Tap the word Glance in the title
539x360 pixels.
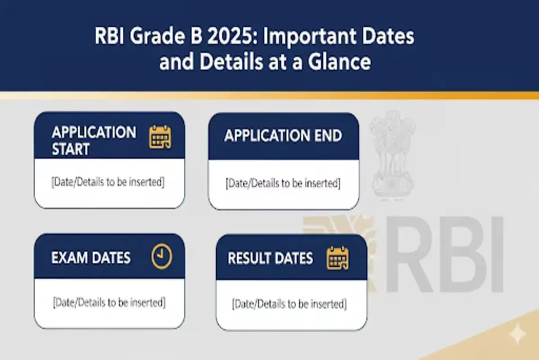coord(339,62)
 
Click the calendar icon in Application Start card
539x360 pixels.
coord(160,137)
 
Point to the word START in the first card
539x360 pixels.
coord(71,149)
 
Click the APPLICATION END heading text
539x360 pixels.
coord(283,135)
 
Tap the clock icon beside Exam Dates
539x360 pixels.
coord(162,256)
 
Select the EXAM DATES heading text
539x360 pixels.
coord(91,257)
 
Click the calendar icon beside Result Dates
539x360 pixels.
coord(337,258)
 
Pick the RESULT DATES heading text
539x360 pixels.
coord(270,258)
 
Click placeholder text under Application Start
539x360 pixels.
coord(108,182)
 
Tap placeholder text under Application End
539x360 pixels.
coord(283,183)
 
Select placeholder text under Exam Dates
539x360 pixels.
coord(109,302)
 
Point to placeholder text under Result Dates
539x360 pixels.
coord(289,304)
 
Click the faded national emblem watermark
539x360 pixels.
coord(392,154)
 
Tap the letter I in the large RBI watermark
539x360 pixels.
coord(496,254)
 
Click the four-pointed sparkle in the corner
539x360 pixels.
coord(518,334)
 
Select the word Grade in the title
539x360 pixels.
coord(157,36)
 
